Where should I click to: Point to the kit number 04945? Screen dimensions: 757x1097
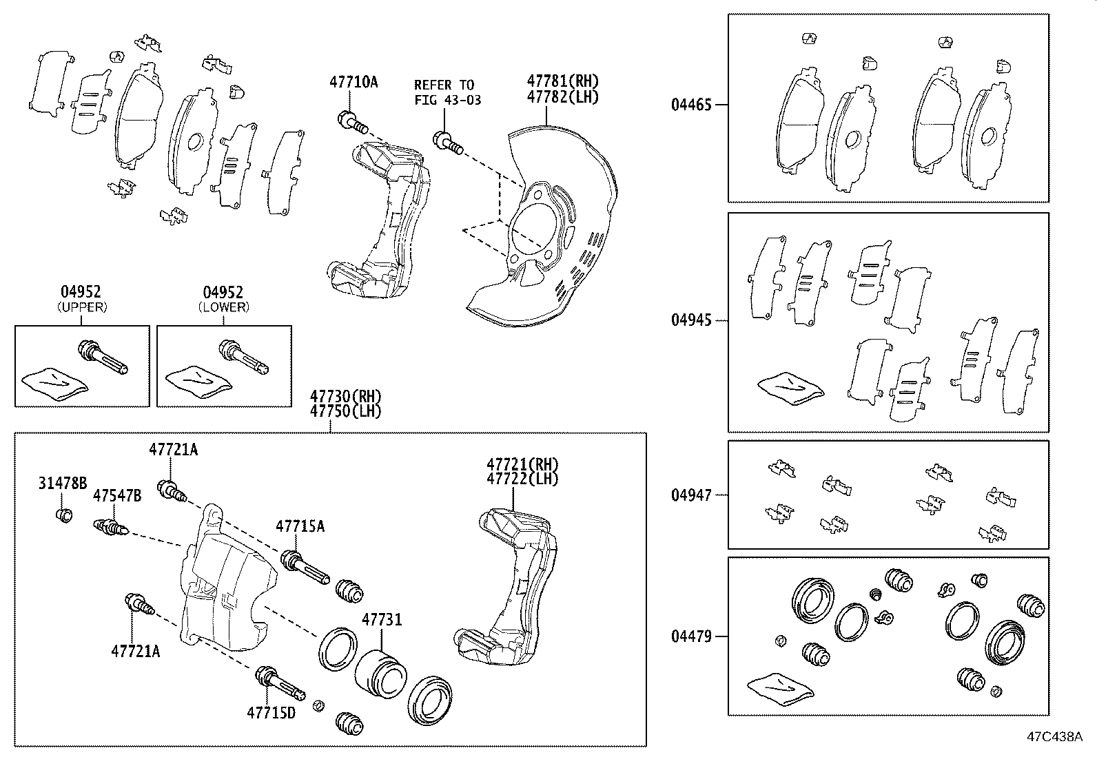(x=691, y=320)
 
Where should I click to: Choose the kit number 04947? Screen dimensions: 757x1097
(x=691, y=495)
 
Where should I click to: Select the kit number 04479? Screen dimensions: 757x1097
(x=691, y=636)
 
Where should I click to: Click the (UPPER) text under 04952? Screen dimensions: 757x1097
(x=82, y=307)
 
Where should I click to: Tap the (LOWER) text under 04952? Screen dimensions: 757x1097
(x=224, y=307)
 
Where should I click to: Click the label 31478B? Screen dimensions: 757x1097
(x=62, y=484)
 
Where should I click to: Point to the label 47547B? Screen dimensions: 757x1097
(x=117, y=496)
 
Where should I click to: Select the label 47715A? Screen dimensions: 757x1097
(x=300, y=527)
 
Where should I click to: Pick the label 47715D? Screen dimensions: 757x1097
(x=271, y=712)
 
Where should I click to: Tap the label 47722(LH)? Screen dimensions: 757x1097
(x=522, y=478)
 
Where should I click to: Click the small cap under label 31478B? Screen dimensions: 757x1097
(x=63, y=515)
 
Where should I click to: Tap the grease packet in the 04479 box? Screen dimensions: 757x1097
(x=779, y=689)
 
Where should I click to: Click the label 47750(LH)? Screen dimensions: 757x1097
(x=345, y=411)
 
